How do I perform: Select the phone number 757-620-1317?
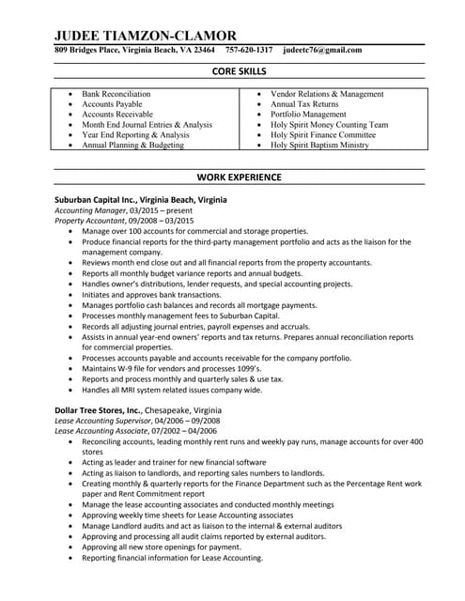click(249, 50)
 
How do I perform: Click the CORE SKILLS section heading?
click(240, 71)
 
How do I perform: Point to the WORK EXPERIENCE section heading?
click(239, 177)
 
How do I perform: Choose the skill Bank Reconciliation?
click(116, 95)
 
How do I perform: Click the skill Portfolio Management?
click(308, 115)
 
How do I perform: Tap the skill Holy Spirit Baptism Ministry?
click(319, 146)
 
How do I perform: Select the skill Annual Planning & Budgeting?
click(132, 146)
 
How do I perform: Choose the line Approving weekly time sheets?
click(188, 516)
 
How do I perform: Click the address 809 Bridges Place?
click(89, 50)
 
